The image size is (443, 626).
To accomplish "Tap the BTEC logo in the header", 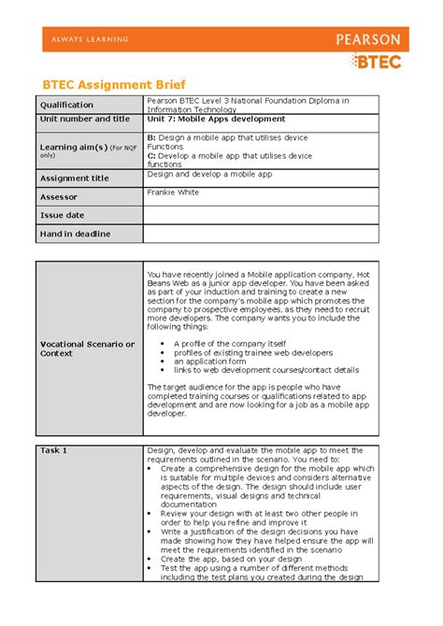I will (x=376, y=62).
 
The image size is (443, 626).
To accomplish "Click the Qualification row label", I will (x=66, y=106).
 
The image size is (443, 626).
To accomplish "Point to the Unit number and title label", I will (x=85, y=120).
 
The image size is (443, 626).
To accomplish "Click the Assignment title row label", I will (x=75, y=178).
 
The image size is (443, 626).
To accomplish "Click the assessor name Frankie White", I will (x=174, y=192).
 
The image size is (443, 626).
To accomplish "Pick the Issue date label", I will (x=63, y=215).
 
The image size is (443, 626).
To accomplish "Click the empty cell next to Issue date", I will (x=261, y=215).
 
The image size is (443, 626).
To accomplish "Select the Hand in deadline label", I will (x=75, y=234).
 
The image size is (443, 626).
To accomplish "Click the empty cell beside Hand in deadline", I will (x=261, y=234).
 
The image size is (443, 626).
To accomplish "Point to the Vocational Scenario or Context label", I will (x=87, y=349).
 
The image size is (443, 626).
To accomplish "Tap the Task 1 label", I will (x=53, y=450).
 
